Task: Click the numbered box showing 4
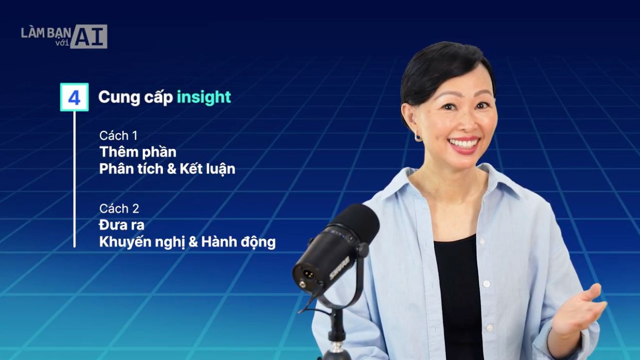coord(74,97)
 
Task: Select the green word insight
coord(204,97)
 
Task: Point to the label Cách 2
coord(119,209)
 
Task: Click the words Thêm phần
coord(138,152)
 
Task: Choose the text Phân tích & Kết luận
coord(167,169)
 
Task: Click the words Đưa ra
coord(122,225)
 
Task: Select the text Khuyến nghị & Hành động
coord(187,242)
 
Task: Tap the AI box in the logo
coord(89,36)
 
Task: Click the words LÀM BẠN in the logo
coord(46,33)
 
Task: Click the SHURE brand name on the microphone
coord(339,268)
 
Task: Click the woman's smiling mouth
coord(464,144)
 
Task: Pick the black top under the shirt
coord(460,292)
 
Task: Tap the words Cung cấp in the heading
coord(135,97)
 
